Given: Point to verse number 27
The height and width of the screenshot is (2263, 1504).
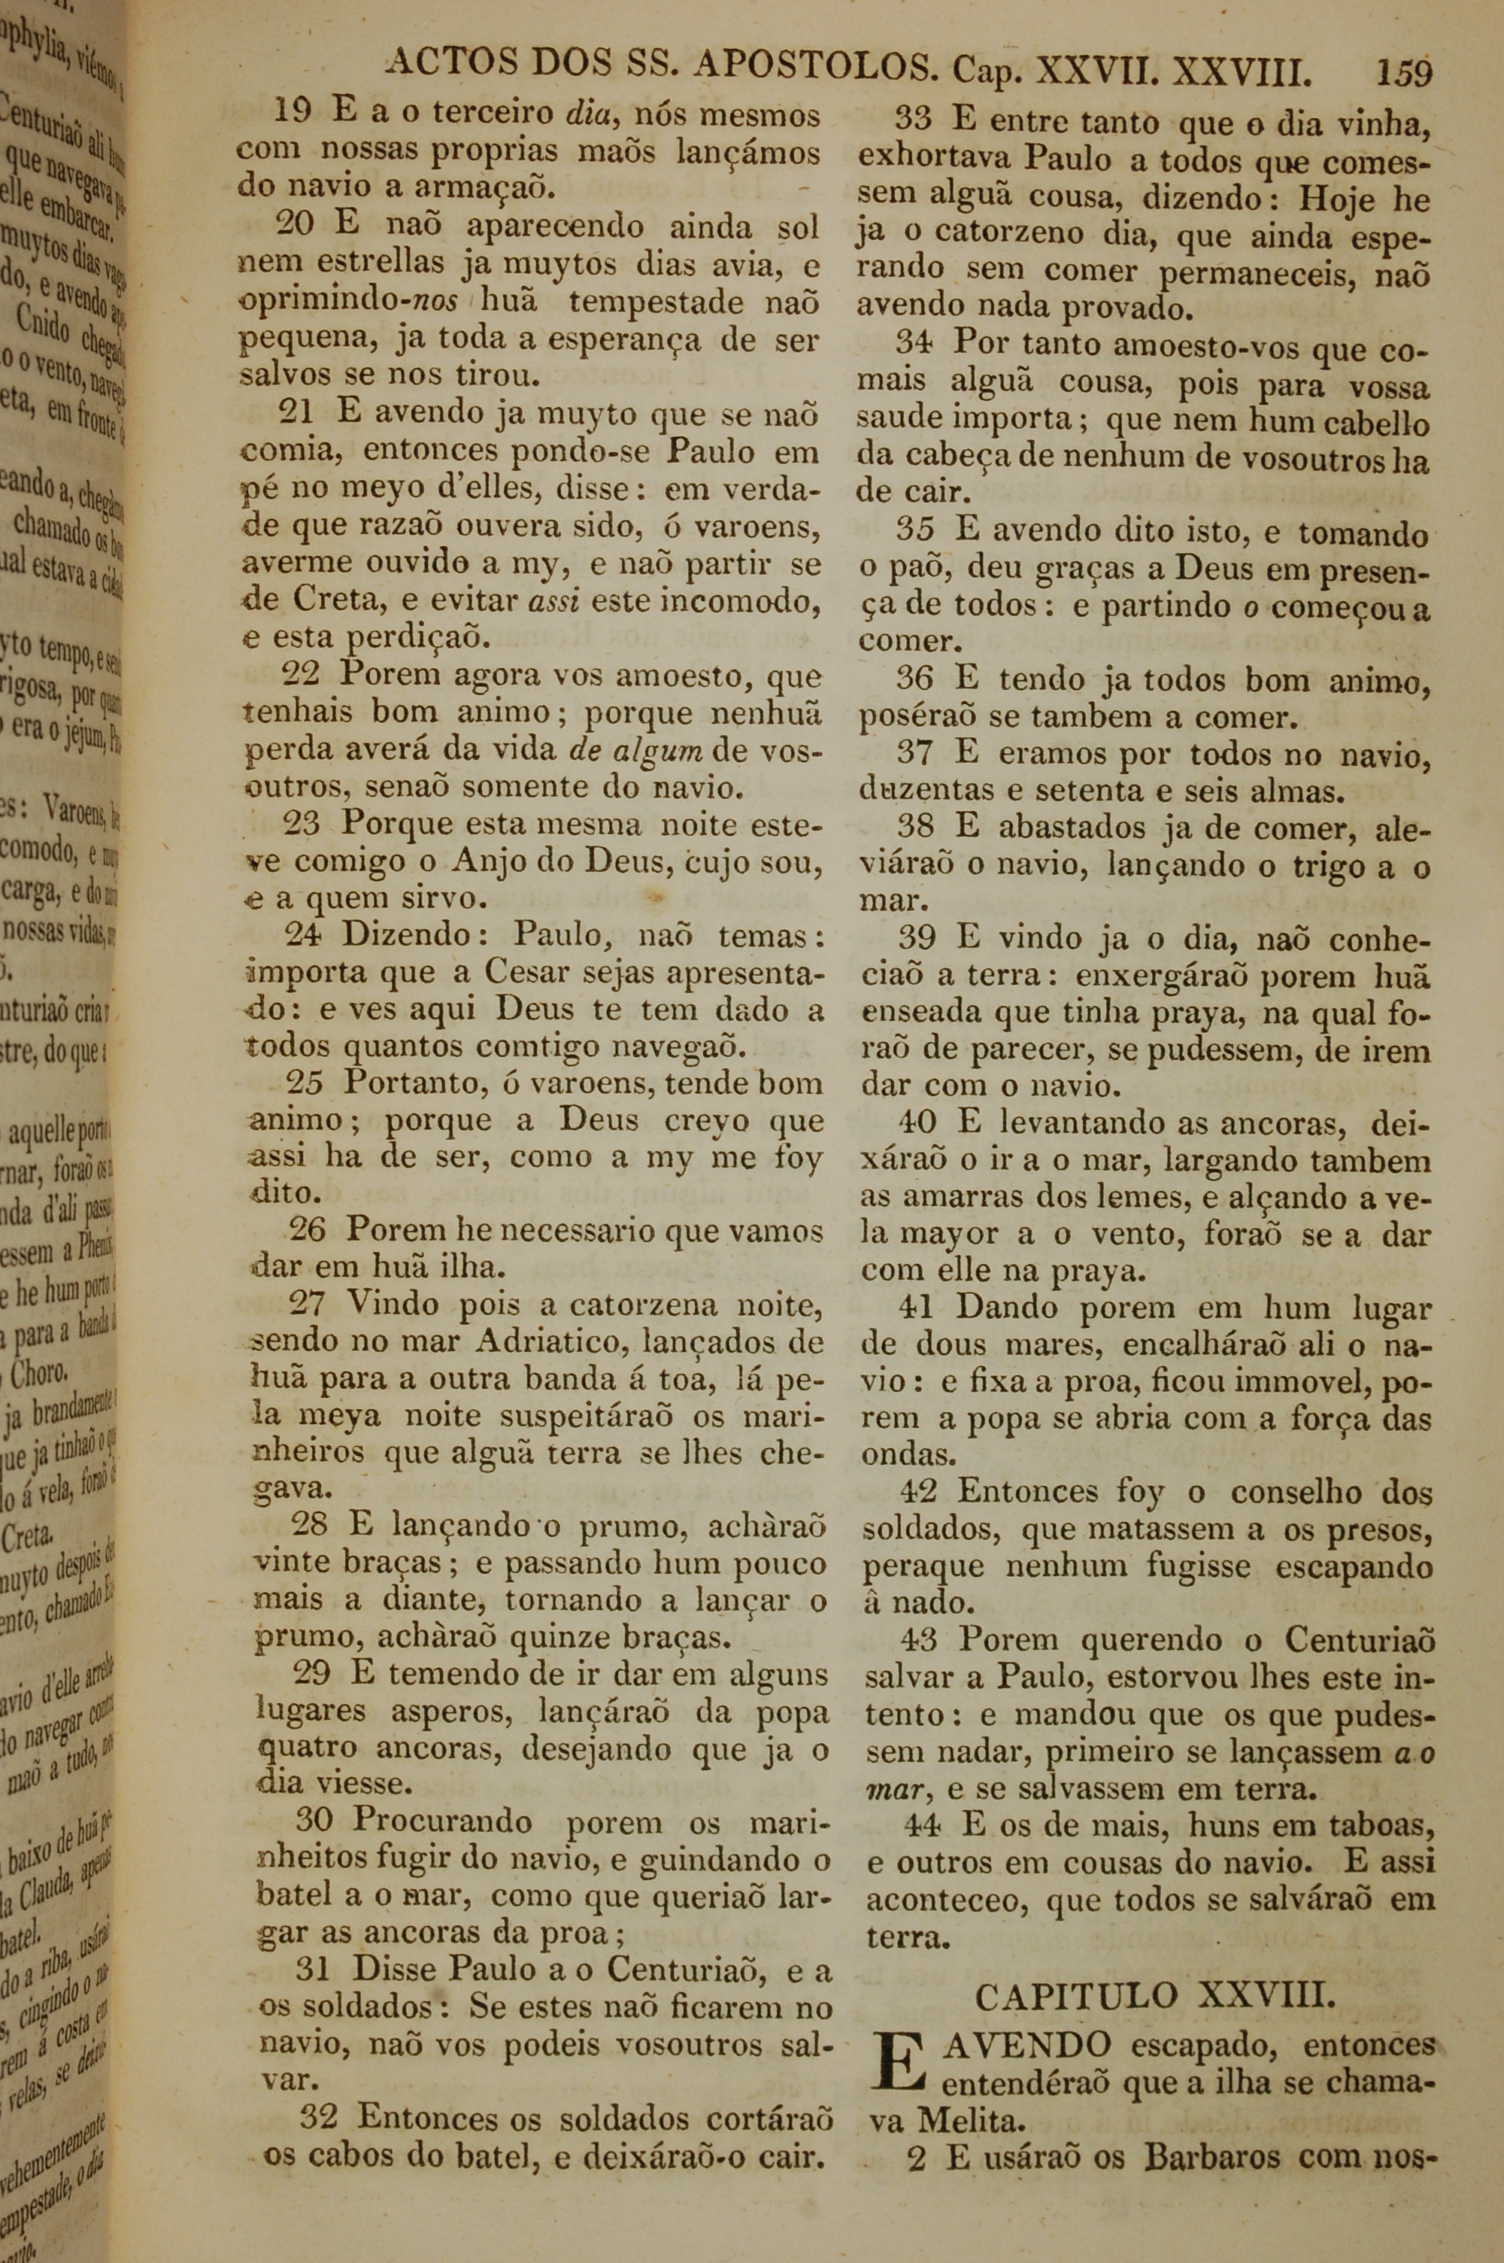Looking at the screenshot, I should (308, 1303).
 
